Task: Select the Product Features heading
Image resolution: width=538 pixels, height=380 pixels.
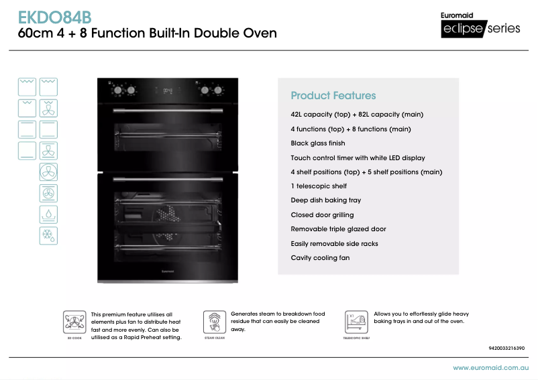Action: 333,96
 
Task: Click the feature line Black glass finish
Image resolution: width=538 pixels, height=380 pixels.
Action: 318,143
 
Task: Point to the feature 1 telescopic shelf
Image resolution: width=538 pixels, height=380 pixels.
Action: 319,186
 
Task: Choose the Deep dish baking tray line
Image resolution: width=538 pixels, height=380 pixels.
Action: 326,200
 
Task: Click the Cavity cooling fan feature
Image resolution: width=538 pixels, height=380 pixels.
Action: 320,258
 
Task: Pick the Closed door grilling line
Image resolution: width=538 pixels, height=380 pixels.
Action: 322,215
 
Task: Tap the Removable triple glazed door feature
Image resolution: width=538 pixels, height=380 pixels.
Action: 338,229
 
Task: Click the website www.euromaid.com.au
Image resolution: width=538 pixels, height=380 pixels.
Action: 491,368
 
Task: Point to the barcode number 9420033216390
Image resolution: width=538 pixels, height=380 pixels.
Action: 506,349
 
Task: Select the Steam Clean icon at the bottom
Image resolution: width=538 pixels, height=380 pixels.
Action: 215,322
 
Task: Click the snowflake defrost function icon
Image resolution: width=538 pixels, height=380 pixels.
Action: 48,235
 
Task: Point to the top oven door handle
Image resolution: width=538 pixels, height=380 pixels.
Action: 168,109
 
